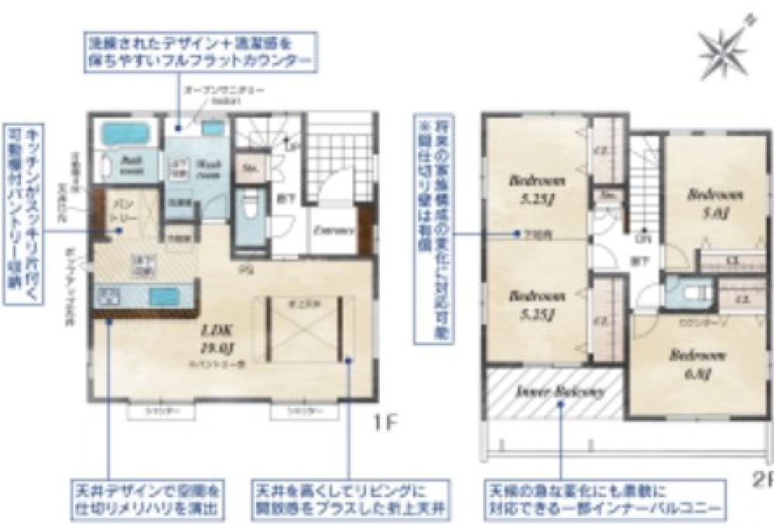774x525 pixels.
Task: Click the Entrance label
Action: [334, 230]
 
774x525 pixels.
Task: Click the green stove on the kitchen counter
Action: [108, 296]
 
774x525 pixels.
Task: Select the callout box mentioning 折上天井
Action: [349, 499]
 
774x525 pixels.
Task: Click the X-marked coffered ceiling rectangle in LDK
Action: [305, 328]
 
